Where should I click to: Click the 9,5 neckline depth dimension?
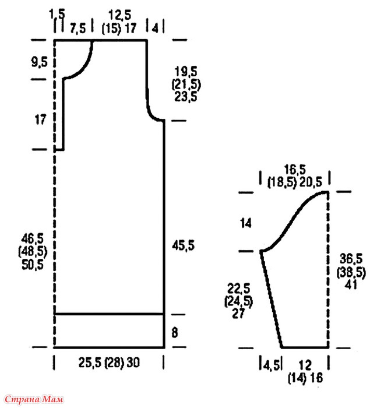point(39,62)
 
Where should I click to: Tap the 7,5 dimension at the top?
point(78,28)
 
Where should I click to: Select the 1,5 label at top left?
point(57,14)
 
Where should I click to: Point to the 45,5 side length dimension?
point(183,245)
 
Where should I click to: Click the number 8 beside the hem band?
point(175,333)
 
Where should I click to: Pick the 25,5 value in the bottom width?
point(90,363)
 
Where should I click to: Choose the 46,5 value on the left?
point(33,238)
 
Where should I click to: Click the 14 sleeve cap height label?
point(246,223)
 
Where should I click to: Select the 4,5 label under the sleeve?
point(271,365)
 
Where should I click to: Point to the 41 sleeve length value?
point(351,284)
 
